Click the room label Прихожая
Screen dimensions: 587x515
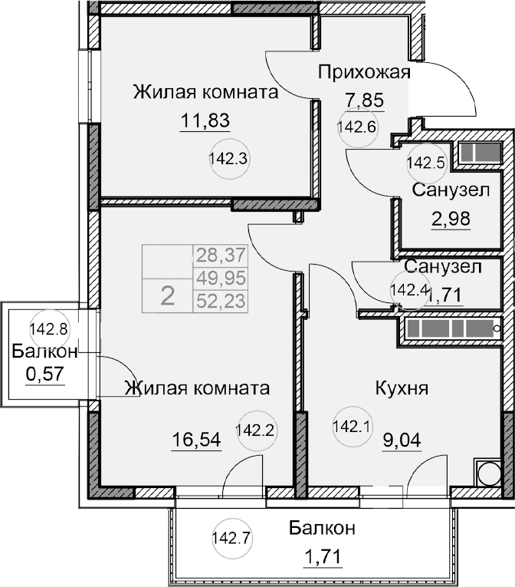(364, 73)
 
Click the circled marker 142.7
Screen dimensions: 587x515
(230, 537)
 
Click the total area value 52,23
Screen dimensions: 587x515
(221, 301)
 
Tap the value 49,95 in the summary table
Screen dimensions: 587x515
(221, 277)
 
